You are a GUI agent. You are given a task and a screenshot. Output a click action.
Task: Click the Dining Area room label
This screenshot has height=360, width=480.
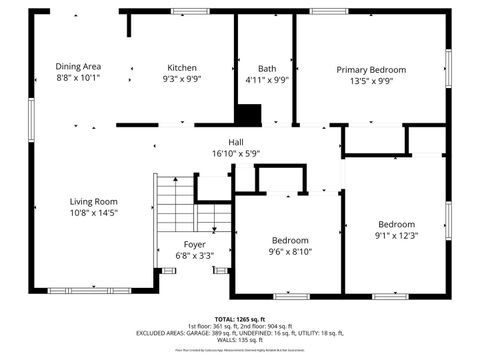coord(78,66)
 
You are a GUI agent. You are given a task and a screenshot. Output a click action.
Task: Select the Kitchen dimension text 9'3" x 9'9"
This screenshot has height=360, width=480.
coord(181,78)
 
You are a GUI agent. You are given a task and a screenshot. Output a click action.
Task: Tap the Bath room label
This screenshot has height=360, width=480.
coord(266,68)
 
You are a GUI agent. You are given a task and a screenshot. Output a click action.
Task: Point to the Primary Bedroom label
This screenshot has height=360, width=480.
coord(371,70)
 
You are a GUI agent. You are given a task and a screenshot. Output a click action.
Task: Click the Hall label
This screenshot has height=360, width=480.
coord(236,142)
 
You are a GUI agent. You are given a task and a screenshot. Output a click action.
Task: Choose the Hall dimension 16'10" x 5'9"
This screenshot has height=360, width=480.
coord(236,153)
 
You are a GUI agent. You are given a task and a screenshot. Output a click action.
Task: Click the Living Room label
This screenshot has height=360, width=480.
coord(93,201)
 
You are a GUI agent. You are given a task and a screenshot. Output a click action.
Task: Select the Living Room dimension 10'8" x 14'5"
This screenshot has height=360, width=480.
coord(93,212)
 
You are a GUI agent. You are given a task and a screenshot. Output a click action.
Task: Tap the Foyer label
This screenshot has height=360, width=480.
coord(194,244)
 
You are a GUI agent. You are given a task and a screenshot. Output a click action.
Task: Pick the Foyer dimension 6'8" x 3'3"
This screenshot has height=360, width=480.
coord(194,255)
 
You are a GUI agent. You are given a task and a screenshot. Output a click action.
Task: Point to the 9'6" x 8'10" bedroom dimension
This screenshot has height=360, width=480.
coord(290,252)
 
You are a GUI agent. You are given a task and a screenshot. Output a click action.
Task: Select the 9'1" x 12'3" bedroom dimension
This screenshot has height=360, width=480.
coord(396,235)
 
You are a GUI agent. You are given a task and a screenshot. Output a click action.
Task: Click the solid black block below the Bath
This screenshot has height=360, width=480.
coord(248,115)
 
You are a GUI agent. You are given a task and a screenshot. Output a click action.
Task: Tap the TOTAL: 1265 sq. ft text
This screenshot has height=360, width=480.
coord(239,319)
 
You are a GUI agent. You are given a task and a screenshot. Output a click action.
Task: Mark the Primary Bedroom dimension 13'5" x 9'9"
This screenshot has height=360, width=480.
coord(371,81)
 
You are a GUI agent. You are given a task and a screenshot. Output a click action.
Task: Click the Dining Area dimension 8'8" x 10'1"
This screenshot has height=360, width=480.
coord(78,77)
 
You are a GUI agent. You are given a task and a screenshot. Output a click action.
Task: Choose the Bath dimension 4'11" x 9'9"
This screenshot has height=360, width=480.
coord(266,79)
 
